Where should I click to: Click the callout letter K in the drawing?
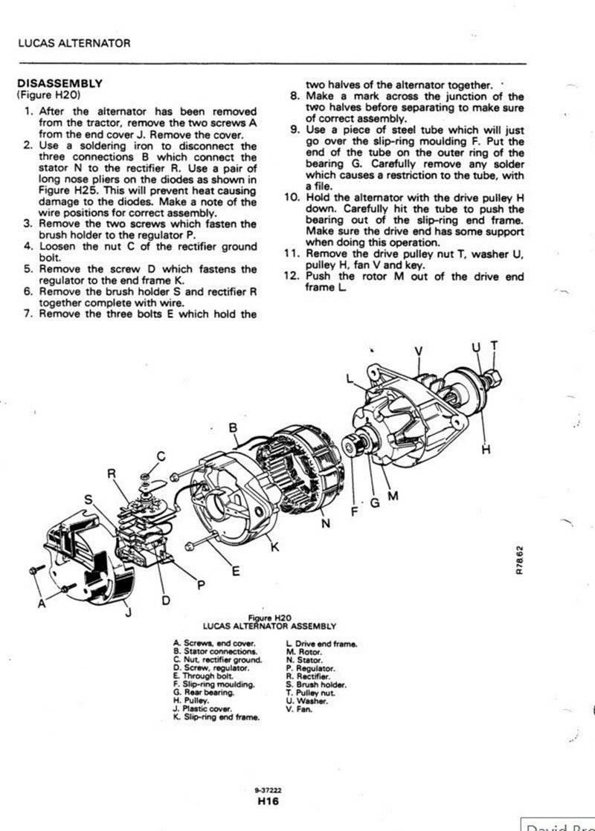(x=274, y=548)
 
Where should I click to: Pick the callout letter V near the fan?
(x=418, y=351)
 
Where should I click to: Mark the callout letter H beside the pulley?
(x=487, y=449)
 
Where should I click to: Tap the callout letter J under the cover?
(x=127, y=612)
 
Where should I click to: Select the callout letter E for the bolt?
(x=236, y=571)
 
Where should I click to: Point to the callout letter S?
(x=89, y=500)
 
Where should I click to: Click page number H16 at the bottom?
(x=268, y=801)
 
